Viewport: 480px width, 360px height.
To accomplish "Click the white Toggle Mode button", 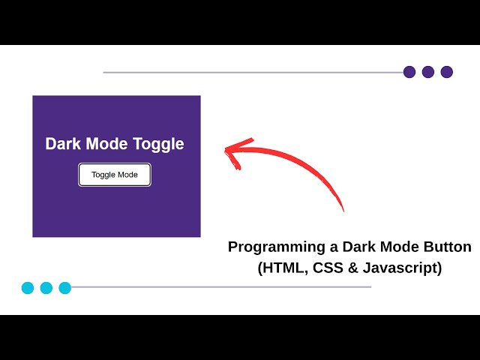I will click(115, 175).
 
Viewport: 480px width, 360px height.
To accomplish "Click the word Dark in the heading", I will click(63, 144).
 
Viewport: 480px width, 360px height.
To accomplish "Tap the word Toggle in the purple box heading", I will click(158, 144).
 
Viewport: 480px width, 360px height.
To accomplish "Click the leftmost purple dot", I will click(409, 72).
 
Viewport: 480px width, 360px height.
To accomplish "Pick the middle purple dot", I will click(428, 72).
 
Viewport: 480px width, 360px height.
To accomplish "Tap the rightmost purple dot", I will click(447, 72).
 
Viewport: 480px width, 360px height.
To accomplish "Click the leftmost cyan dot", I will click(28, 287).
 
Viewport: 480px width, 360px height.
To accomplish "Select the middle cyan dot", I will click(46, 287).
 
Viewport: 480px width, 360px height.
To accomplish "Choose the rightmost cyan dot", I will click(65, 287).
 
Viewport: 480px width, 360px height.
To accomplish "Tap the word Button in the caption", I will click(446, 247).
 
